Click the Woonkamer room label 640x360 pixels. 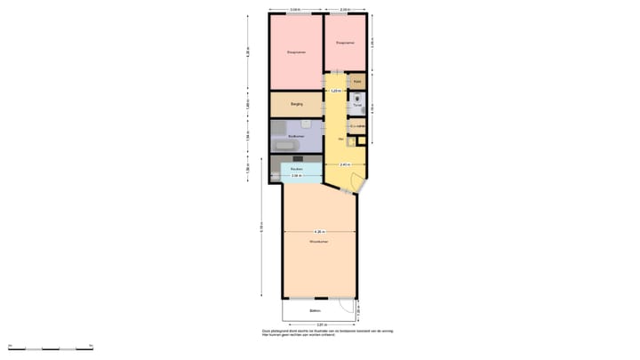click(319, 242)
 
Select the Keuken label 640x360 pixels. click(297, 169)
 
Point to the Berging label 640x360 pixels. click(284, 105)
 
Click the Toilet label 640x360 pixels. click(357, 106)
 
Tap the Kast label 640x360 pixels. click(357, 82)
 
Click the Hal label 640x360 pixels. click(340, 140)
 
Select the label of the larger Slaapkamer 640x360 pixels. click(296, 53)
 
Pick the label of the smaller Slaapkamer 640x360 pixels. click(345, 42)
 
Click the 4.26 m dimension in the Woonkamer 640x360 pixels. click(319, 232)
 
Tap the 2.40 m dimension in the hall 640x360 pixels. click(345, 165)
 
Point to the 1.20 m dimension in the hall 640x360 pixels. click(335, 91)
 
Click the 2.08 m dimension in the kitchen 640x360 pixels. click(296, 176)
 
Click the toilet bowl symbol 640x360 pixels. click(358, 97)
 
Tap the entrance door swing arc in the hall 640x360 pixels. click(356, 185)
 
